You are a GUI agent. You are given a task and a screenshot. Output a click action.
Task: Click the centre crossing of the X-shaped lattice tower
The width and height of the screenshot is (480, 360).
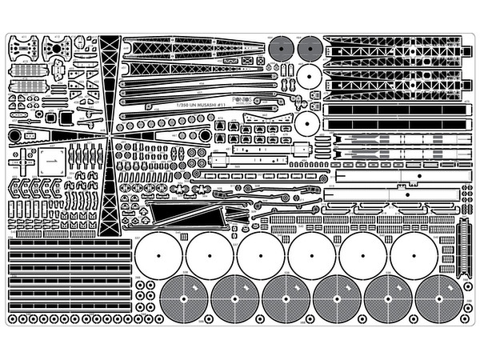[110, 136]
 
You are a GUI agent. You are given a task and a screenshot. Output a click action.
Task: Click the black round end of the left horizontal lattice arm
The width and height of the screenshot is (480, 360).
[14, 136]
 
